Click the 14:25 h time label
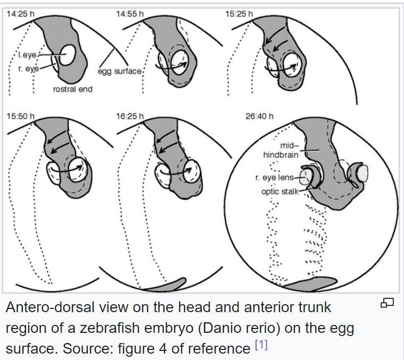pyautogui.click(x=21, y=14)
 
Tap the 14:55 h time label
pyautogui.click(x=130, y=14)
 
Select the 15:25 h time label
pyautogui.click(x=239, y=14)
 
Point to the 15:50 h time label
pyautogui.click(x=21, y=116)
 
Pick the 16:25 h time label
pyautogui.click(x=130, y=116)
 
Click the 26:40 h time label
pyautogui.click(x=259, y=116)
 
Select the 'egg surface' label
pyautogui.click(x=120, y=71)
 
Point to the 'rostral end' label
pyautogui.click(x=72, y=89)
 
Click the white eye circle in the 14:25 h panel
pyautogui.click(x=68, y=54)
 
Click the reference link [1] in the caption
pyautogui.click(x=261, y=345)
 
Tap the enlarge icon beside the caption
pyautogui.click(x=387, y=303)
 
